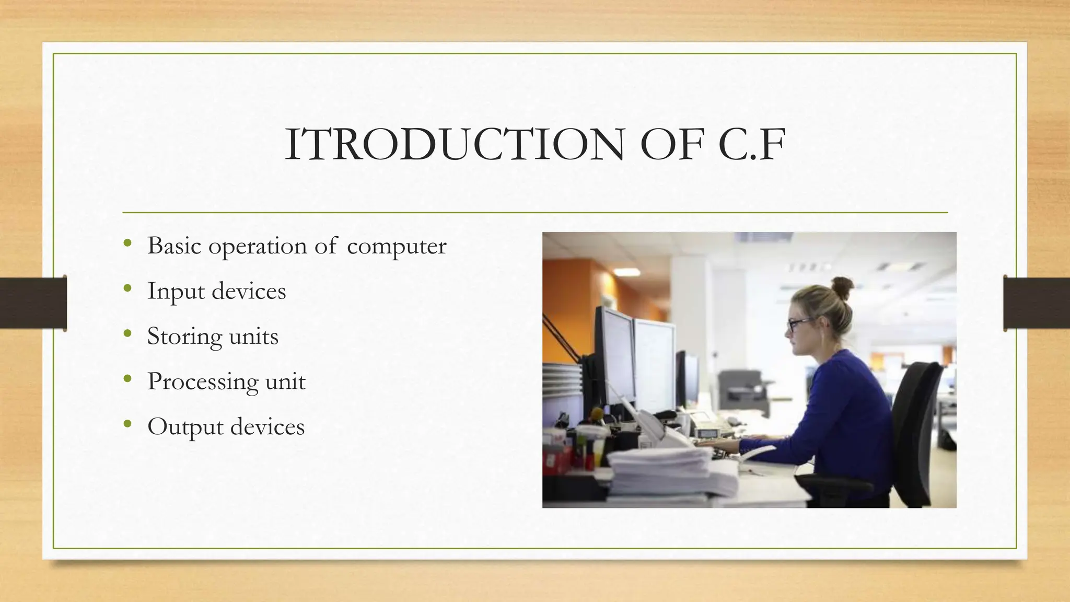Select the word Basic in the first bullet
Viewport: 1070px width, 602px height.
tap(174, 245)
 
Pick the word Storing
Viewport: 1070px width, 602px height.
tap(184, 337)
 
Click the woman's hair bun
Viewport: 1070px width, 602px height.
tap(842, 287)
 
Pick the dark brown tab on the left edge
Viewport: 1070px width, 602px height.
tap(33, 303)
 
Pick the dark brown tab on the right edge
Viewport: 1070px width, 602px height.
tap(1037, 303)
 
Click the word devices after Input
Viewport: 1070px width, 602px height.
tap(249, 291)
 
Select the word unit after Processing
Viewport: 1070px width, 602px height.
tap(285, 381)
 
